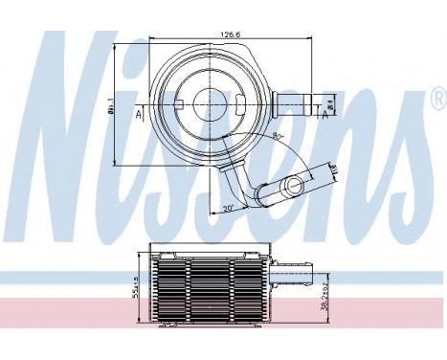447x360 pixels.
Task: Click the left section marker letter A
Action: [x=141, y=115]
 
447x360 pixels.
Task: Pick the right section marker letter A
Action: [x=324, y=115]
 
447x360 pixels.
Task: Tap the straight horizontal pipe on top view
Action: [x=293, y=103]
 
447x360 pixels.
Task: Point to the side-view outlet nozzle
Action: [x=286, y=276]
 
